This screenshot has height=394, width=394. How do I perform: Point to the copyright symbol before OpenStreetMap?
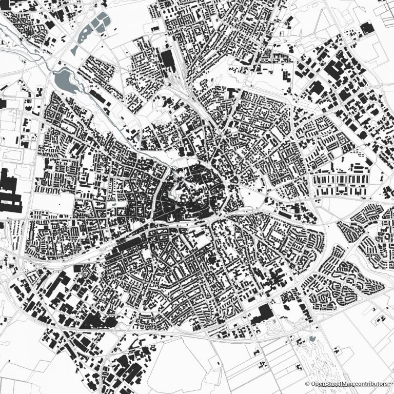pos(307,384)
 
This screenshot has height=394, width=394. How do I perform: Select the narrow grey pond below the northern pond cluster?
pos(75,50)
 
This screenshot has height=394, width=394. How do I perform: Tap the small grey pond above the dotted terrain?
pos(312,339)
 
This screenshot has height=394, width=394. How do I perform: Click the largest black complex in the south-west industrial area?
pos(97,322)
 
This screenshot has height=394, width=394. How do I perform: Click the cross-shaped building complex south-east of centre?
pos(277,280)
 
